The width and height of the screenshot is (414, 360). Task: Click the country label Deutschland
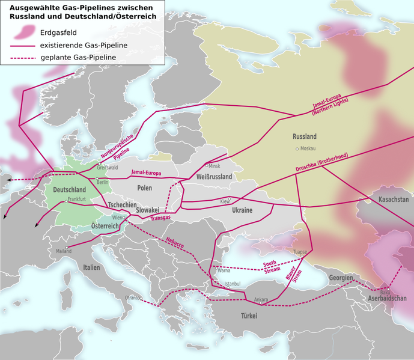click(x=70, y=190)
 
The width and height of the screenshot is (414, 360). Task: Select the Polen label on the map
click(x=144, y=188)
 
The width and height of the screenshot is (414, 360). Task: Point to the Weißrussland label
click(x=214, y=177)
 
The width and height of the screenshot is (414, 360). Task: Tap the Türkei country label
click(x=249, y=316)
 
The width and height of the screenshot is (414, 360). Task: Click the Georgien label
click(x=340, y=278)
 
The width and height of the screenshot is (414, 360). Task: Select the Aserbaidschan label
click(x=387, y=299)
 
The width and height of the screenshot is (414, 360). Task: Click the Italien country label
click(x=92, y=267)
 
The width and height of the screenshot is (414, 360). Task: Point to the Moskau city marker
click(x=296, y=148)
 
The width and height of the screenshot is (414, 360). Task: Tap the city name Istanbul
click(x=232, y=284)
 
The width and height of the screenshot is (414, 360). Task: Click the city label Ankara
click(x=261, y=299)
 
